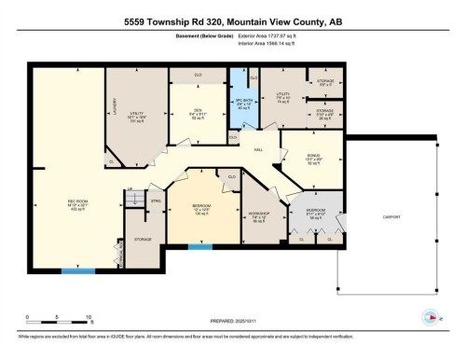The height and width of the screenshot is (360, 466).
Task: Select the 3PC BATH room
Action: tap(242, 102)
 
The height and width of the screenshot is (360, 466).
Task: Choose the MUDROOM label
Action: tap(317, 211)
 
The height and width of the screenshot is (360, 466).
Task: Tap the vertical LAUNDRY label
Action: tap(113, 108)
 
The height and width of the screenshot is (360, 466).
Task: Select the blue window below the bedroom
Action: tap(199, 246)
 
